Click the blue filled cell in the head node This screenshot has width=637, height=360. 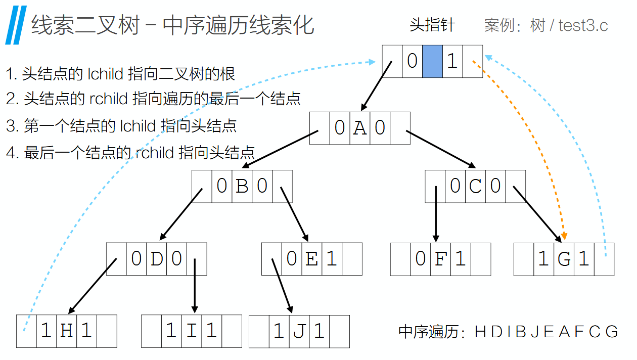pos(432,61)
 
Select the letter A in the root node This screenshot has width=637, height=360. pos(359,128)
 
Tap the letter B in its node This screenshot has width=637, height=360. pos(242,186)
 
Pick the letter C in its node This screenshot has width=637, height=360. pos(475,186)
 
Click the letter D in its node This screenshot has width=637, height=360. pos(156,259)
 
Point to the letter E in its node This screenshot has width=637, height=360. pos(311,259)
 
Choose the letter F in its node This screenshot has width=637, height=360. pos(440,259)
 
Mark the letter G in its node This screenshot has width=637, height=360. pos(564,259)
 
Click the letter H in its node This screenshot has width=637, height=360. pos(66,331)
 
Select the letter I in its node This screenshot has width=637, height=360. pos(191,331)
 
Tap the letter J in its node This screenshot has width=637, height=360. pos(299,331)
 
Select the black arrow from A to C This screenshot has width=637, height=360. pos(440,149)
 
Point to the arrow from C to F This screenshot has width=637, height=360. pos(436,212)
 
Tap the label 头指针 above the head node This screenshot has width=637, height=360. pos(432,25)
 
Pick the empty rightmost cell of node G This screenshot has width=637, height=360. pos(604,259)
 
